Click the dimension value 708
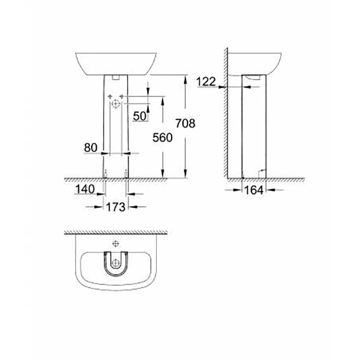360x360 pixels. (x=185, y=123)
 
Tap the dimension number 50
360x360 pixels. (x=139, y=116)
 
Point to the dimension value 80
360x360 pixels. (x=91, y=147)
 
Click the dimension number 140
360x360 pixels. (x=84, y=189)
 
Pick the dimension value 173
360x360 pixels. (x=116, y=207)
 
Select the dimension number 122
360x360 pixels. (x=206, y=81)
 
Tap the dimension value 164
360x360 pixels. (x=254, y=190)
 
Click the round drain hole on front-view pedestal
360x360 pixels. (x=116, y=104)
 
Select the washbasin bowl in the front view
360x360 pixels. (x=116, y=63)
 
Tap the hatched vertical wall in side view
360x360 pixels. (x=226, y=113)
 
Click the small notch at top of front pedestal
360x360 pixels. (x=116, y=78)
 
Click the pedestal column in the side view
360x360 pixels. (x=254, y=129)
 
